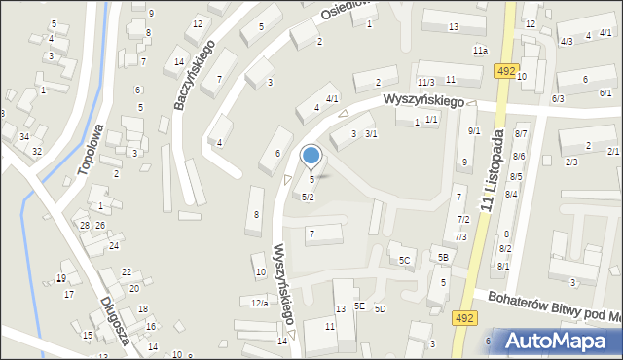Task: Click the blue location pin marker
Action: pyautogui.click(x=311, y=156)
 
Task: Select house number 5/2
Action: pyautogui.click(x=308, y=198)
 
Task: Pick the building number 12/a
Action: pyautogui.click(x=259, y=304)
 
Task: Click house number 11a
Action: pyautogui.click(x=480, y=50)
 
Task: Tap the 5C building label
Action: pyautogui.click(x=404, y=260)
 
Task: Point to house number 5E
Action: pyautogui.click(x=359, y=306)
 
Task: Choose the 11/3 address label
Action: pyautogui.click(x=425, y=82)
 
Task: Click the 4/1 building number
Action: pyautogui.click(x=332, y=99)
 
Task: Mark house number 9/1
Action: pyautogui.click(x=474, y=131)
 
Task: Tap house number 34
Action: pyautogui.click(x=23, y=135)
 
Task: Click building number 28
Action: pyautogui.click(x=85, y=226)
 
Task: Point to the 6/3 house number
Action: pyautogui.click(x=558, y=99)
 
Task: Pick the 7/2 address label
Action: pyautogui.click(x=463, y=220)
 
